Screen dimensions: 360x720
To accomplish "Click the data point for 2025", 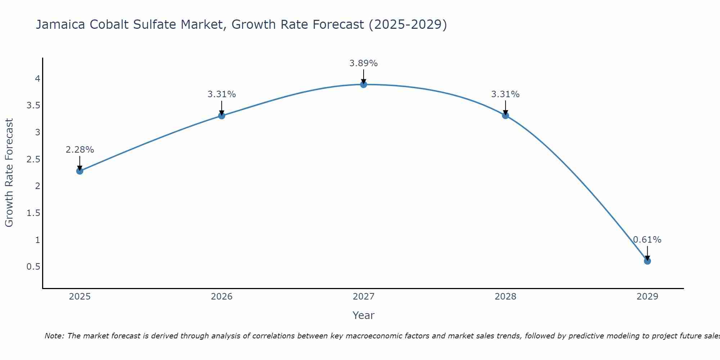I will [x=80, y=171].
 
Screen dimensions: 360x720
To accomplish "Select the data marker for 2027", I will [x=364, y=85].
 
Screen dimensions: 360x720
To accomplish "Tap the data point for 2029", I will [x=647, y=261].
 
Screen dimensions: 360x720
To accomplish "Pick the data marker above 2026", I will [x=222, y=116].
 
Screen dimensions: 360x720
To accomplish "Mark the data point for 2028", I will [x=505, y=116].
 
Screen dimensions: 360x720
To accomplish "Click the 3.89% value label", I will [x=364, y=63].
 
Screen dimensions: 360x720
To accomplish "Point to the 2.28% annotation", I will [x=80, y=150].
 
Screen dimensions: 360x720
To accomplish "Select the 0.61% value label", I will [x=647, y=240].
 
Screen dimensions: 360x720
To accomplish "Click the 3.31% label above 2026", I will [x=222, y=94].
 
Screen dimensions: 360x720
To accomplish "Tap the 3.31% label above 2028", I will [x=505, y=94].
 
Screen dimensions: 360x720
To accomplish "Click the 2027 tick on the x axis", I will [x=364, y=297].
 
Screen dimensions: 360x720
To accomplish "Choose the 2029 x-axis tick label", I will [x=647, y=297].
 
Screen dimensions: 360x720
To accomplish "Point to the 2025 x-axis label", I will [x=80, y=297].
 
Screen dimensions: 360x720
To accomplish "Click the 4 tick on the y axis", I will [x=37, y=79].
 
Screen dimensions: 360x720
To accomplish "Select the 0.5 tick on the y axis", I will [x=33, y=267].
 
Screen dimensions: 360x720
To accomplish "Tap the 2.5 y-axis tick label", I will [x=33, y=159].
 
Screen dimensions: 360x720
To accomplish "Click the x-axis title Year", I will [x=364, y=315].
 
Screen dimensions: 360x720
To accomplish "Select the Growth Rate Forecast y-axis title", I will [x=9, y=173].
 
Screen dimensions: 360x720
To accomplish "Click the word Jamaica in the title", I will [x=61, y=24].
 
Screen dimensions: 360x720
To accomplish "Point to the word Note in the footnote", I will [x=54, y=336].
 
